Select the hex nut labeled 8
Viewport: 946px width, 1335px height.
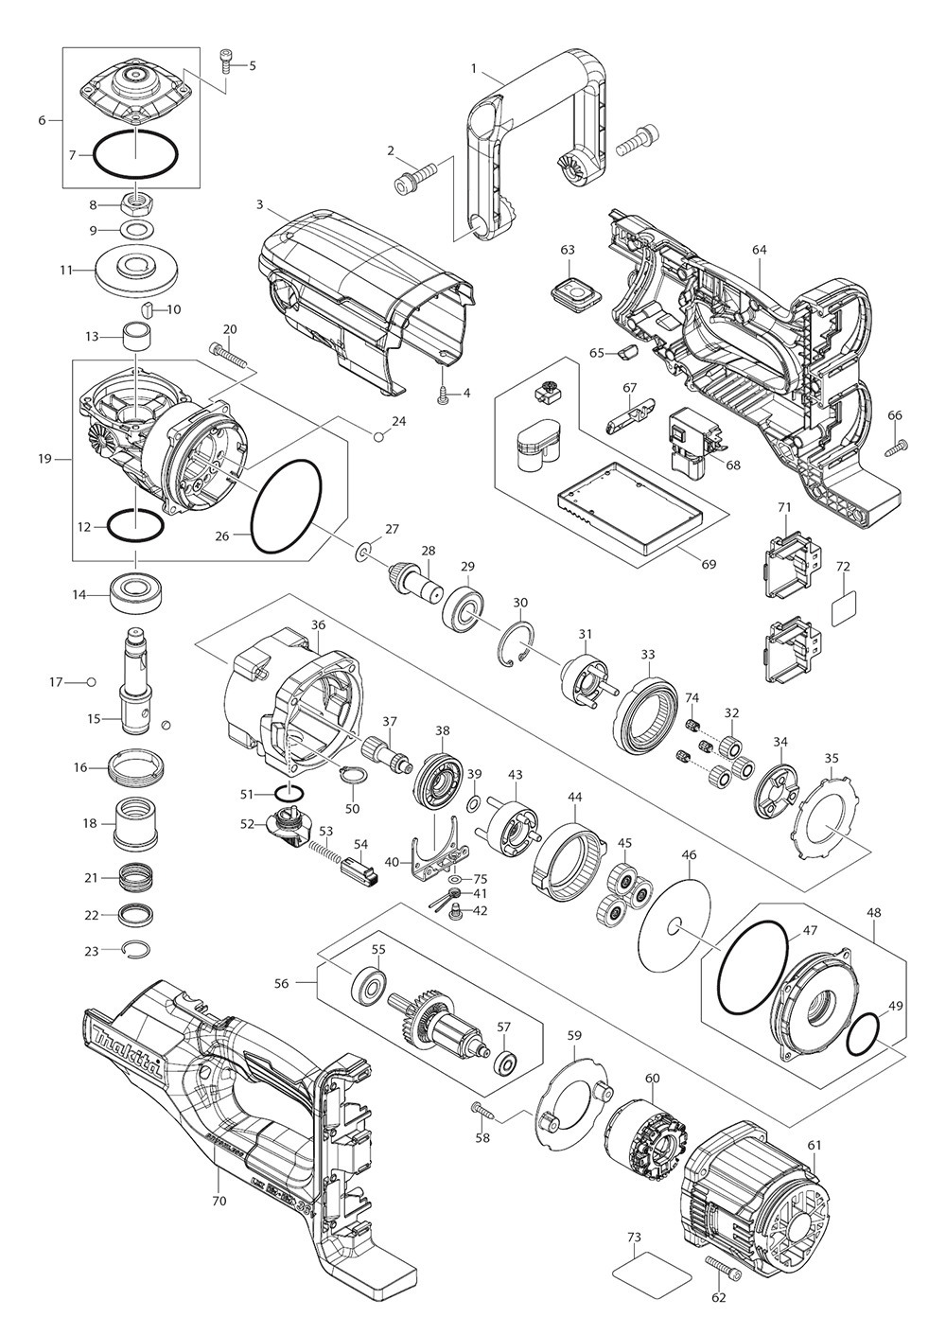[134, 203]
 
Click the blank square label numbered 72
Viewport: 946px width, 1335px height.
[845, 609]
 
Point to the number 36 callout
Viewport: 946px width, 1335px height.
[318, 625]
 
